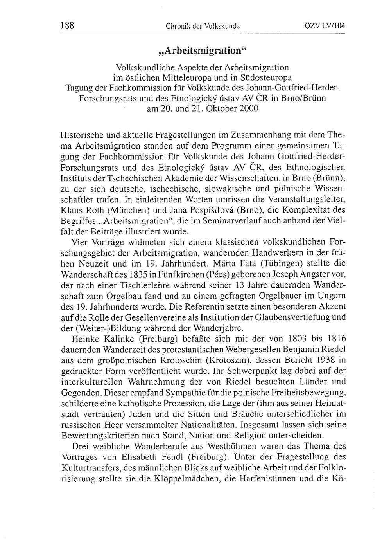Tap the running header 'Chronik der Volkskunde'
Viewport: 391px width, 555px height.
203,27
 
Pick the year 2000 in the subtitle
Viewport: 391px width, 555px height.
249,108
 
